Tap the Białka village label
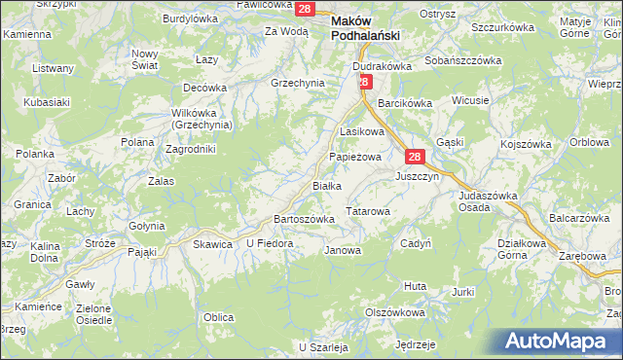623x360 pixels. [x=325, y=185]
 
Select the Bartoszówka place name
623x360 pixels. [x=305, y=219]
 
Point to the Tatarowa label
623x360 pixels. [x=368, y=211]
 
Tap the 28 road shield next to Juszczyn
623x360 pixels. [x=415, y=157]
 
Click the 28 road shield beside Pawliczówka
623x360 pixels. [x=305, y=9]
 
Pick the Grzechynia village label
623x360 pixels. [x=297, y=83]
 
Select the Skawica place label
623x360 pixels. [x=213, y=244]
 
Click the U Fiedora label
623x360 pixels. [x=269, y=243]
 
